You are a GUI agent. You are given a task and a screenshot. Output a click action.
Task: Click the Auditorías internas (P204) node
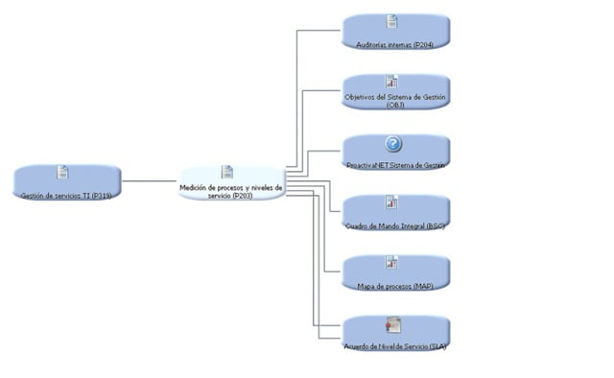[x=395, y=32]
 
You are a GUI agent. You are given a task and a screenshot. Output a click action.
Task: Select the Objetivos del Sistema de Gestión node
[x=395, y=92]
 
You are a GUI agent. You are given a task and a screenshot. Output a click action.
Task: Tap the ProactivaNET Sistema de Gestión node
[x=395, y=153]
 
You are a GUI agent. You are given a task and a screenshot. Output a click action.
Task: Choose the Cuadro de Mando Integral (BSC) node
[x=395, y=213]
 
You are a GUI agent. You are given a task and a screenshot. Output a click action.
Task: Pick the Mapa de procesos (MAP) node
[x=395, y=273]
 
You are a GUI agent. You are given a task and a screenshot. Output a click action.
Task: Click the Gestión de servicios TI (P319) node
[x=67, y=182]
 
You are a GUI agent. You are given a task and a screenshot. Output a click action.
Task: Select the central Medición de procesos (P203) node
[x=232, y=182]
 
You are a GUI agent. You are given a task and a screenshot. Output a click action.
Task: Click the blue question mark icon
[x=393, y=144]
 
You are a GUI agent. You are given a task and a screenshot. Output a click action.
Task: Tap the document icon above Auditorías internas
[x=391, y=21]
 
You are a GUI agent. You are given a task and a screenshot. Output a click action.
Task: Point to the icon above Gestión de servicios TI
[x=62, y=172]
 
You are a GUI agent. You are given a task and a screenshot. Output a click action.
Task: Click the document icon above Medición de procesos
[x=227, y=172]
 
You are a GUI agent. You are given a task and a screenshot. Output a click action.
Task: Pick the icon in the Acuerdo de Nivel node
[x=392, y=324]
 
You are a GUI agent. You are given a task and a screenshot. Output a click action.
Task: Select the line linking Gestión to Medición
[x=149, y=180]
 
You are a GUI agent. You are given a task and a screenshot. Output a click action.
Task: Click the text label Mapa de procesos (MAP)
[x=395, y=286]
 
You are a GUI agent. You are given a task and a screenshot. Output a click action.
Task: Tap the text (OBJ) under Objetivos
[x=395, y=105]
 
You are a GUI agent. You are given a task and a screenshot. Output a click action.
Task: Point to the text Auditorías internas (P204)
[x=395, y=44]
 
